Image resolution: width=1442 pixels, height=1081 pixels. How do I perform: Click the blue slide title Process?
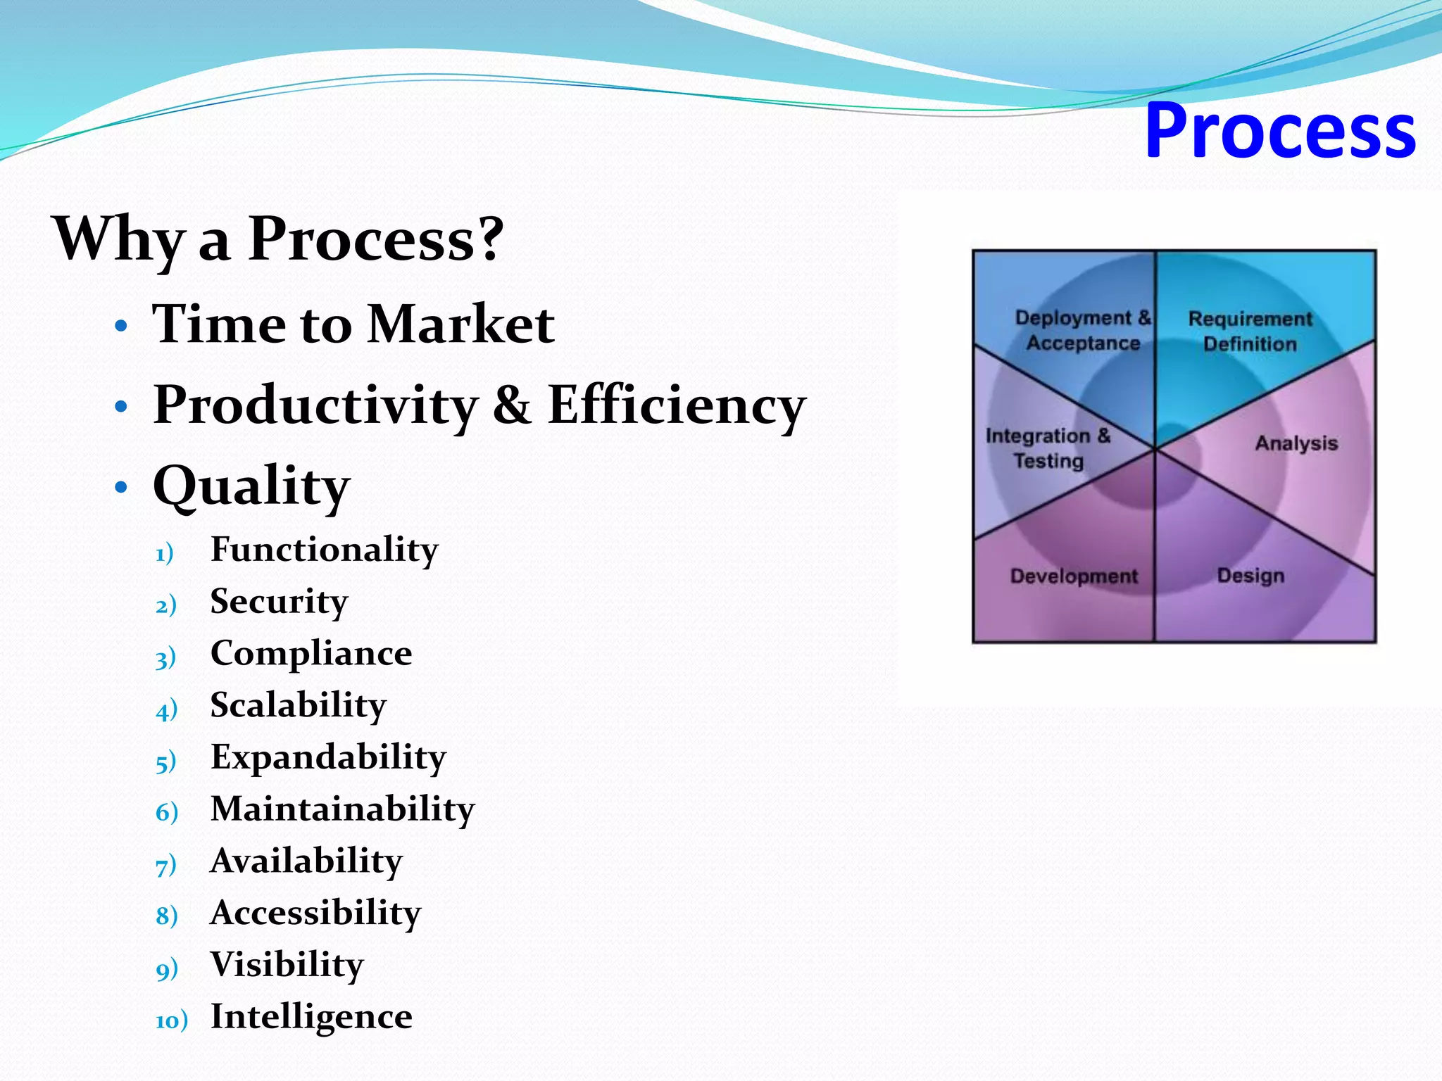point(1280,131)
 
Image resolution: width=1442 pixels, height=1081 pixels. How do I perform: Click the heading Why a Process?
point(278,239)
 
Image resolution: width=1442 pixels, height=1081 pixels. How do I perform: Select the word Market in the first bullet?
point(460,324)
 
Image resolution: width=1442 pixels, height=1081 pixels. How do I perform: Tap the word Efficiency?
point(676,405)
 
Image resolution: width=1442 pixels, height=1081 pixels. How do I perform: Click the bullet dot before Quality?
point(121,487)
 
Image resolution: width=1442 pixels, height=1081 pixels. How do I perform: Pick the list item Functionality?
point(324,550)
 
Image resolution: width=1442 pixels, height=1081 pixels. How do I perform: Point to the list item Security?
point(279,602)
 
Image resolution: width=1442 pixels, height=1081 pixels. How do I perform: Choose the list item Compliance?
point(311,654)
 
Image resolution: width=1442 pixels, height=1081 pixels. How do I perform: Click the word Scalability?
point(298,705)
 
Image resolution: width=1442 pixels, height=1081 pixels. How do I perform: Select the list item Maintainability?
point(342,809)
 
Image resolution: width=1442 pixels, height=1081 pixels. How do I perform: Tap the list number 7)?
point(165,865)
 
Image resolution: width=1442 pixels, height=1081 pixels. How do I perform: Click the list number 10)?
point(171,1020)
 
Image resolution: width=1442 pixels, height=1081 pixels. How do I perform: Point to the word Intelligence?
point(311,1016)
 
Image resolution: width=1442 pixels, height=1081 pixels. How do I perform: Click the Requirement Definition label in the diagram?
point(1250,331)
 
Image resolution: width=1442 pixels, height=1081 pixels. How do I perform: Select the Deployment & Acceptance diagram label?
point(1083,330)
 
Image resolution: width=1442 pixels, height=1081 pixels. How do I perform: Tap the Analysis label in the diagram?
point(1296,443)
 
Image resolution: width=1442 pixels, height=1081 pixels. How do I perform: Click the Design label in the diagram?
point(1250,576)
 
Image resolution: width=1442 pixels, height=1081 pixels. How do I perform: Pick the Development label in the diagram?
point(1074,576)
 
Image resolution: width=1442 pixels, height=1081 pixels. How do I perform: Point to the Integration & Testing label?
point(1048,448)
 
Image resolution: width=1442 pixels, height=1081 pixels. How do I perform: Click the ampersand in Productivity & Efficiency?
point(512,405)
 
